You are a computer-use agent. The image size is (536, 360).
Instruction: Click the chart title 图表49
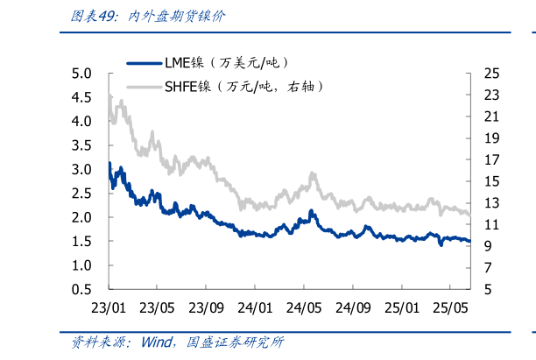point(88,16)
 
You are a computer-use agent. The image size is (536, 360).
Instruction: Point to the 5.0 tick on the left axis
point(81,73)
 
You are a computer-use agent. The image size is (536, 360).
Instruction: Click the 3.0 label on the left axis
point(81,169)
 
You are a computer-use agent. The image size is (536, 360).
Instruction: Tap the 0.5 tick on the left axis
point(81,289)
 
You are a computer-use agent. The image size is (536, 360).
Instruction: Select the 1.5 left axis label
point(81,241)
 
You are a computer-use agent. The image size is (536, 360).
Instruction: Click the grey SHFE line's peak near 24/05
point(312,174)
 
